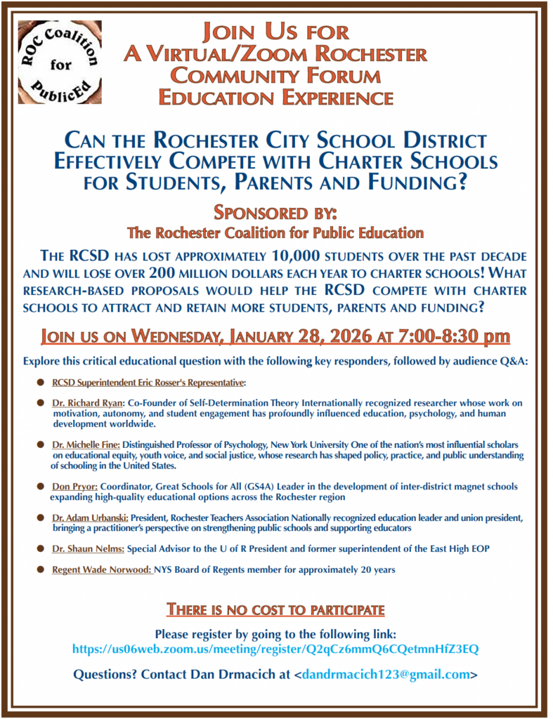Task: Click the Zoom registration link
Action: click(275, 649)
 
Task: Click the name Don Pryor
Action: click(75, 487)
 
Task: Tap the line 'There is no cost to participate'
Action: click(275, 609)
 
